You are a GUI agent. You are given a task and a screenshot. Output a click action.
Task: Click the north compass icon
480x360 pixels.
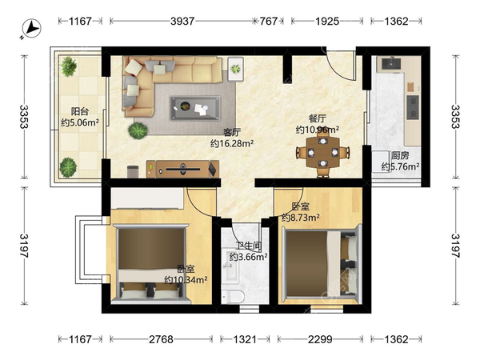tap(30, 29)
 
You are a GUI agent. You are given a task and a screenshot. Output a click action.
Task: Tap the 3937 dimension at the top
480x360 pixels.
tap(182, 21)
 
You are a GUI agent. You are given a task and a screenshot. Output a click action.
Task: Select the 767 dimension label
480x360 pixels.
tap(269, 21)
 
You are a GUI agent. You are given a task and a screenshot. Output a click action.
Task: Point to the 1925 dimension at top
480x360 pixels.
tap(327, 21)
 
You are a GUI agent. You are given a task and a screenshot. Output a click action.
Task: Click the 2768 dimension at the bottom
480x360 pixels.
tap(161, 339)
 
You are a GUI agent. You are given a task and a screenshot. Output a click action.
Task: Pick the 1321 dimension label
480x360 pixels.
tap(245, 339)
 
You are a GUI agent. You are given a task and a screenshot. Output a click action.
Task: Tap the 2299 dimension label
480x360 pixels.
tap(320, 339)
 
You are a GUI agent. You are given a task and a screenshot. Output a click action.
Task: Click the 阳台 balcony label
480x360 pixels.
tap(80, 111)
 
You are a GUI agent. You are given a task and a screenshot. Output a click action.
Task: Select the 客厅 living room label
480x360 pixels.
tap(232, 132)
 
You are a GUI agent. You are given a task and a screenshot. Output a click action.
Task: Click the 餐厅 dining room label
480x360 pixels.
tap(317, 118)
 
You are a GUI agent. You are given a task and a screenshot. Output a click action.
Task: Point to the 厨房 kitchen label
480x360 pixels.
tap(400, 155)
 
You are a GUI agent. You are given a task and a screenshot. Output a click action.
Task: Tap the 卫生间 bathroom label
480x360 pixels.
tap(249, 246)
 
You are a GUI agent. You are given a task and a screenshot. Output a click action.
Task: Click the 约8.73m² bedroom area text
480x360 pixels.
tap(301, 218)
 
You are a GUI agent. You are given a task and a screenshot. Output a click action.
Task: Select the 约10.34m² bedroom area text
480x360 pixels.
tap(186, 279)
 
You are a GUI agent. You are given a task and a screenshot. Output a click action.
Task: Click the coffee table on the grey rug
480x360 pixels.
tap(195, 108)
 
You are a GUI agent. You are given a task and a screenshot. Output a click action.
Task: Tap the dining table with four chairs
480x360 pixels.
tap(322, 152)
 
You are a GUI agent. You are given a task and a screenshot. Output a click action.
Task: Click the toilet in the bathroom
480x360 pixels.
tap(233, 297)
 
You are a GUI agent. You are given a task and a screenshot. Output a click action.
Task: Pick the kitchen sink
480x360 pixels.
tap(391, 64)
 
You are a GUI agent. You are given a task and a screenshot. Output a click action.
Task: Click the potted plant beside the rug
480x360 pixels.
tap(138, 130)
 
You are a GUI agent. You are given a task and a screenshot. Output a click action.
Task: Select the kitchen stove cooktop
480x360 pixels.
tap(412, 107)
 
